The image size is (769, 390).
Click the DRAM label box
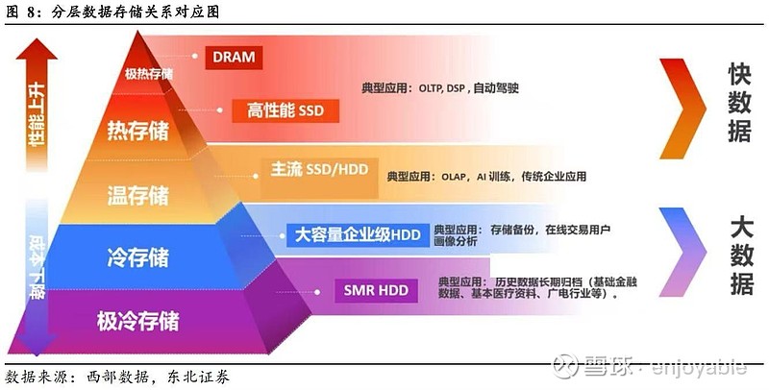coord(235,57)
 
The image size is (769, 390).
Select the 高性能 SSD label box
coord(285,111)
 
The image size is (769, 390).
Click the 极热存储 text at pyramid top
coord(149,74)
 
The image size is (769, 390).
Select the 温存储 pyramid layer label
coord(138,196)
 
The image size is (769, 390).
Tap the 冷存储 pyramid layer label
coord(138,256)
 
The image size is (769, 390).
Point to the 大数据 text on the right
coord(740,256)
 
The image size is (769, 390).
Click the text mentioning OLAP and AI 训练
coord(486,177)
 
